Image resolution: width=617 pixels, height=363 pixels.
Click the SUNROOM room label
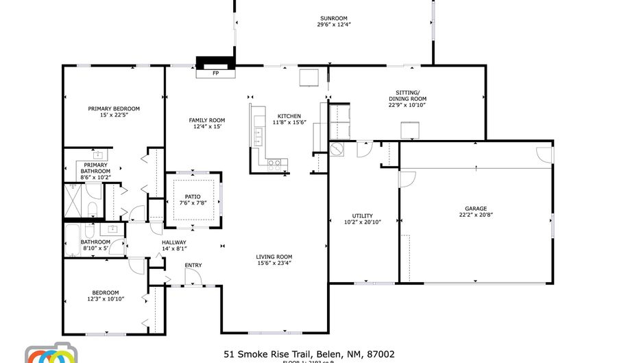(333, 18)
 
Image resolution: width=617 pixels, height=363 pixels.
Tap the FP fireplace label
(215, 73)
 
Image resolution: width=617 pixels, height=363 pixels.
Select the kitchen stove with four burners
(274, 164)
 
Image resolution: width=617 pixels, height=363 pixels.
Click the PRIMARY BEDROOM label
(114, 108)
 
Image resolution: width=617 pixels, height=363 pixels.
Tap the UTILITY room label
(362, 215)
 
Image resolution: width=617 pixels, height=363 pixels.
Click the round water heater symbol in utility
(337, 149)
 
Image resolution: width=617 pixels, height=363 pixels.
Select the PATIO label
(193, 196)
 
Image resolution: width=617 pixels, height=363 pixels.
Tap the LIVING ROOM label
(274, 257)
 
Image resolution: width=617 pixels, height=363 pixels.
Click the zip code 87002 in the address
(380, 354)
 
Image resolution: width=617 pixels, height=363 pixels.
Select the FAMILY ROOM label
(207, 120)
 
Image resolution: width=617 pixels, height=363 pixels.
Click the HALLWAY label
(173, 242)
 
